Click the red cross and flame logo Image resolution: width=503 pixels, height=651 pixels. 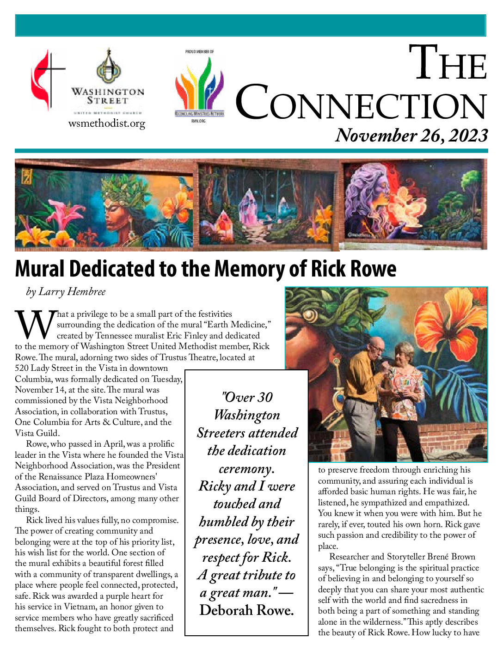(x=47, y=80)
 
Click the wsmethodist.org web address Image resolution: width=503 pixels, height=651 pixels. (x=107, y=123)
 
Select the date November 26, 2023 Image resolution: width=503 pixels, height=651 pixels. (x=411, y=135)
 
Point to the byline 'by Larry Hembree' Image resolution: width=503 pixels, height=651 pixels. (x=66, y=292)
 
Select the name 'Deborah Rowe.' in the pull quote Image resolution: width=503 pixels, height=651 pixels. (x=246, y=610)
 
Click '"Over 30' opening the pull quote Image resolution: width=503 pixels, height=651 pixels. (x=247, y=397)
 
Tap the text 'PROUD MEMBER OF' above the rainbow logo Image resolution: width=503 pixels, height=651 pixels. (x=199, y=52)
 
